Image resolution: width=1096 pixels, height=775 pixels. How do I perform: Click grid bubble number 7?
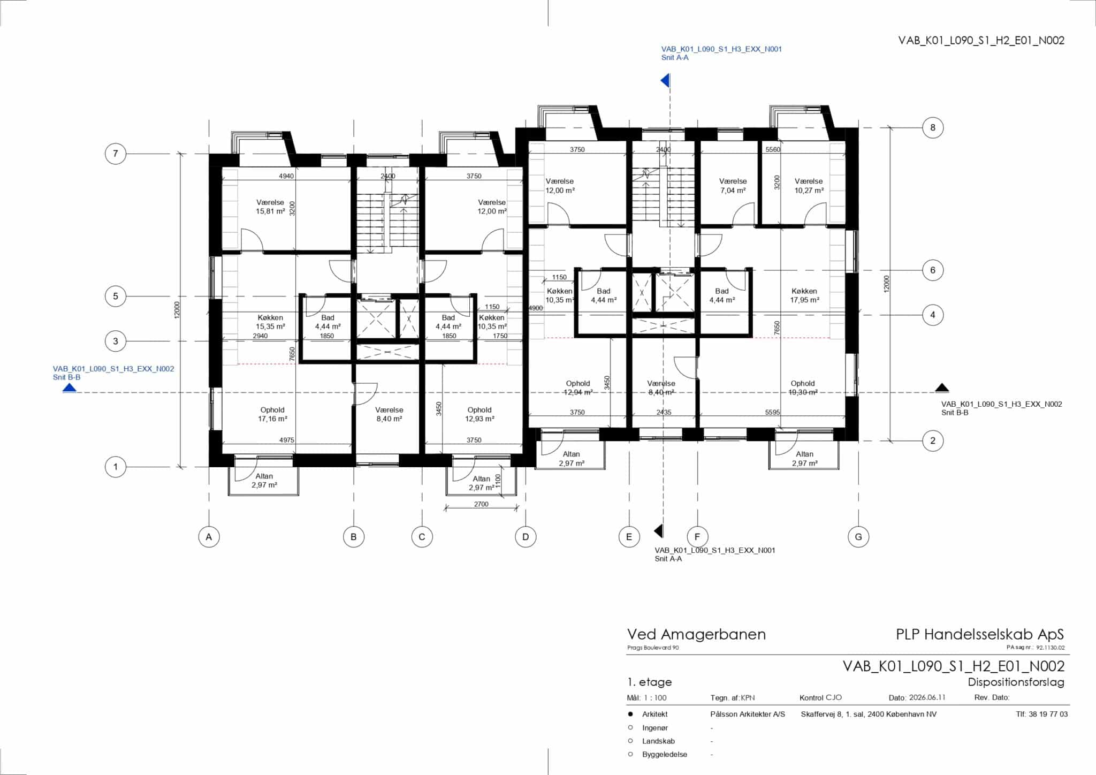[x=115, y=154]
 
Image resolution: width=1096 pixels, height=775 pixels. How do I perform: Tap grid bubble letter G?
[x=858, y=536]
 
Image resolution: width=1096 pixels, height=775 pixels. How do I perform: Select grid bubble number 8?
[x=933, y=127]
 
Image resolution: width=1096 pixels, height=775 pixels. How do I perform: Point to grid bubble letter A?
[x=209, y=536]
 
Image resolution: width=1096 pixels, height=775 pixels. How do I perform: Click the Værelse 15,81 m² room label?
[x=270, y=207]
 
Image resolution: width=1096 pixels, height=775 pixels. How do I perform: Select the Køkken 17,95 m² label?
[x=804, y=295]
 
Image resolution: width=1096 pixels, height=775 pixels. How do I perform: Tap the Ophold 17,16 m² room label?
[x=272, y=414]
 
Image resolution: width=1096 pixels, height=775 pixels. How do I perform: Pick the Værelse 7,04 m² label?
[x=733, y=186]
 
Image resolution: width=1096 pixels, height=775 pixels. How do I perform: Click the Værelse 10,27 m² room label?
[x=809, y=186]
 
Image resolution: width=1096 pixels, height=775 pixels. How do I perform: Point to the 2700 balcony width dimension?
[x=481, y=504]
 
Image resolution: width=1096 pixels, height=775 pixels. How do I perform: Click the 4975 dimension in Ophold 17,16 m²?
[x=287, y=440]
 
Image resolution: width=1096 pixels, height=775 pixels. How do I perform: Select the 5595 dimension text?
[x=773, y=412]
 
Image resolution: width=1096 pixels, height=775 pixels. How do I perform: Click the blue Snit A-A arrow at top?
[x=665, y=81]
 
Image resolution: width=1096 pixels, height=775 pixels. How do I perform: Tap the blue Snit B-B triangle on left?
[x=70, y=388]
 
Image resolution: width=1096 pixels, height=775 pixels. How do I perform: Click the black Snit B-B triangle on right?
[x=942, y=388]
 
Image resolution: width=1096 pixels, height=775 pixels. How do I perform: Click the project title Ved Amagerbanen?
[x=696, y=634]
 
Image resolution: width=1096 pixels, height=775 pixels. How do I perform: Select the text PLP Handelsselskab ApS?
[x=980, y=634]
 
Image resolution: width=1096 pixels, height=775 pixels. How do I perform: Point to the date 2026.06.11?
[x=927, y=697]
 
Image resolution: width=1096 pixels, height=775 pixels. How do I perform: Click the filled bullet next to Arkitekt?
[x=630, y=714]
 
